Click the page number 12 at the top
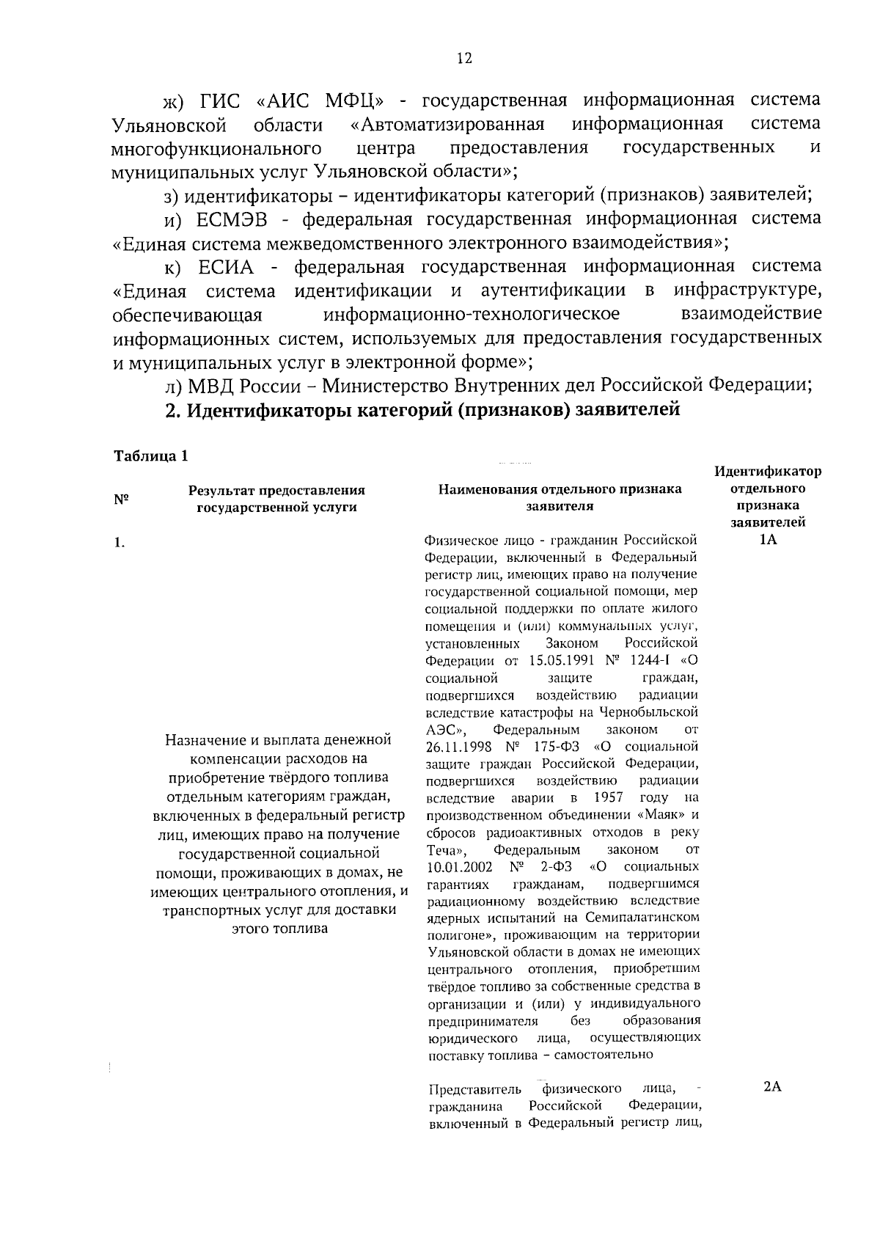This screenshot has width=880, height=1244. [463, 59]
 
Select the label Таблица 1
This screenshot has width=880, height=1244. [151, 455]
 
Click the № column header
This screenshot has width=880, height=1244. [121, 499]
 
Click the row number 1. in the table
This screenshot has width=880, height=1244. [119, 543]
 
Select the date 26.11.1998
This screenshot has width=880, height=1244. [456, 746]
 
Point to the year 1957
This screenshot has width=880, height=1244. [607, 797]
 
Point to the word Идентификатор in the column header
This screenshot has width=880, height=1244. [768, 471]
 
